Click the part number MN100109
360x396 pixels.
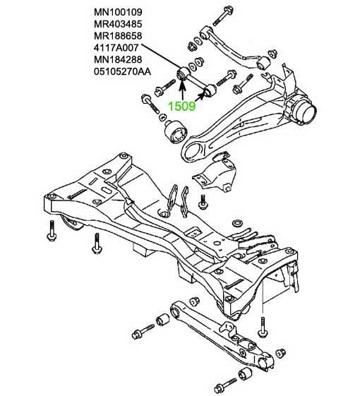click(118, 12)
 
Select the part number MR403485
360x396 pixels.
click(118, 24)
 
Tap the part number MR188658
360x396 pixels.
click(118, 36)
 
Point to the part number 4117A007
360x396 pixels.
click(116, 48)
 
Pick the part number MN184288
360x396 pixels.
click(118, 59)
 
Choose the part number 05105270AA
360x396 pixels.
click(123, 72)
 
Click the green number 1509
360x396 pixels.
click(182, 106)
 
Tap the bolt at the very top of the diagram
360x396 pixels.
click(223, 16)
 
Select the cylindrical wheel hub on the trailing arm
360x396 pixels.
click(301, 109)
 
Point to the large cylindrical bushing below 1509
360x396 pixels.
click(175, 131)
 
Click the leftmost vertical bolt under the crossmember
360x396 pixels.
click(52, 231)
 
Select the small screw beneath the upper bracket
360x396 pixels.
click(203, 202)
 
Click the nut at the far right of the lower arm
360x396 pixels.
click(281, 353)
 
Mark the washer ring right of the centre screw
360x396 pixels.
click(237, 224)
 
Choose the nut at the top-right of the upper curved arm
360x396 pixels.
click(272, 54)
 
